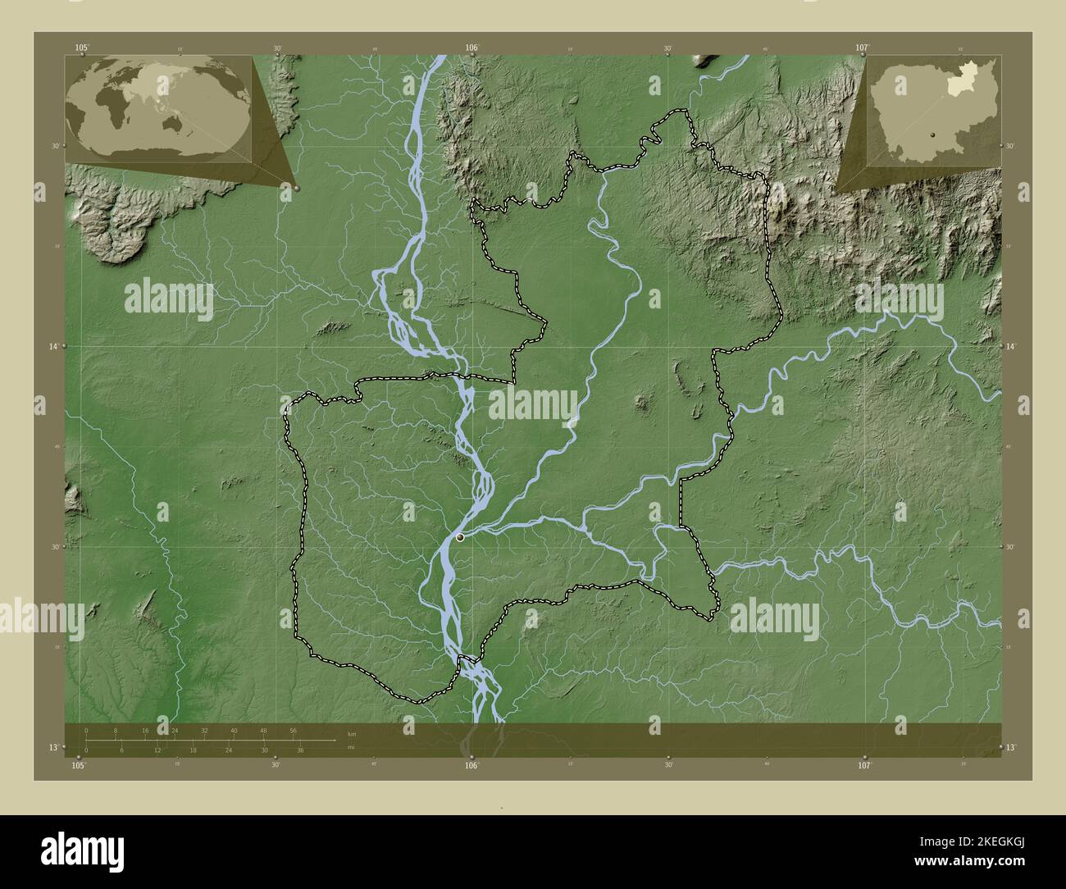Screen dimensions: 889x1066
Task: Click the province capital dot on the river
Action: click(x=460, y=537)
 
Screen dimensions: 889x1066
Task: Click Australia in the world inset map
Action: click(x=175, y=123)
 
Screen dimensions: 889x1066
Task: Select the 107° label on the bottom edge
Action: click(x=864, y=765)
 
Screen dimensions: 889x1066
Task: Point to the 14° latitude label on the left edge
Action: click(x=52, y=348)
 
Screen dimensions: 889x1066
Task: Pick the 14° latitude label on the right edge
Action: click(x=1010, y=348)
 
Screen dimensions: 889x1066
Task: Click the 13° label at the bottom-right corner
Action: click(x=1010, y=747)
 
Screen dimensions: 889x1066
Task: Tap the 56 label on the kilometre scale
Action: click(x=293, y=730)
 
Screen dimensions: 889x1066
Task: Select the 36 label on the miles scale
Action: click(x=301, y=750)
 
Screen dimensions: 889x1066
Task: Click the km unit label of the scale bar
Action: click(x=352, y=733)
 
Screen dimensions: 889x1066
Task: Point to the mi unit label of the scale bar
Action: click(x=351, y=747)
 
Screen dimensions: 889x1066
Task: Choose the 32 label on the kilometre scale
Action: click(x=204, y=730)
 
